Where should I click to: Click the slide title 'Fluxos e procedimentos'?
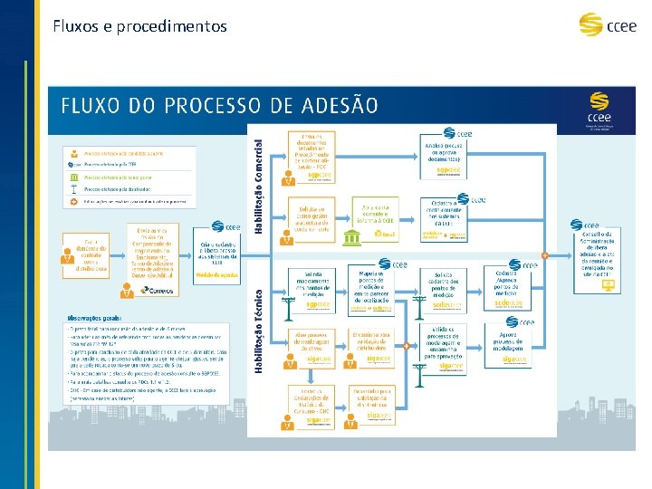139,26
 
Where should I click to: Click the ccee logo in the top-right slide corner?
604,25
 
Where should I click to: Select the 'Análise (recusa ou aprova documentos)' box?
448,152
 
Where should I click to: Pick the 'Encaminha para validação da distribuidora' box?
373,344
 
